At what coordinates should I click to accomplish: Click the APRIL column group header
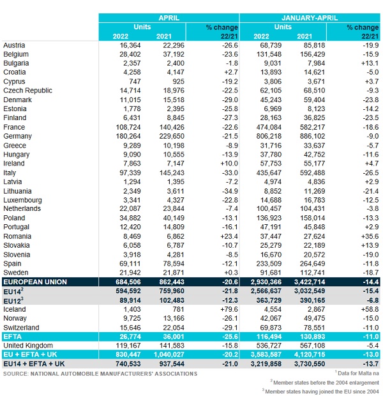point(169,19)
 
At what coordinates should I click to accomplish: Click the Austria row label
point(15,46)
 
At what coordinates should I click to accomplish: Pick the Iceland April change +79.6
point(226,309)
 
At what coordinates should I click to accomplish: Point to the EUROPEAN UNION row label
point(36,282)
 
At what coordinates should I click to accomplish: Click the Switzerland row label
point(23,327)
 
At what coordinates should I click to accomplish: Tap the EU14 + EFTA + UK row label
point(36,363)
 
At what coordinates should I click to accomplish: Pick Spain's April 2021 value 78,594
point(170,264)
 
